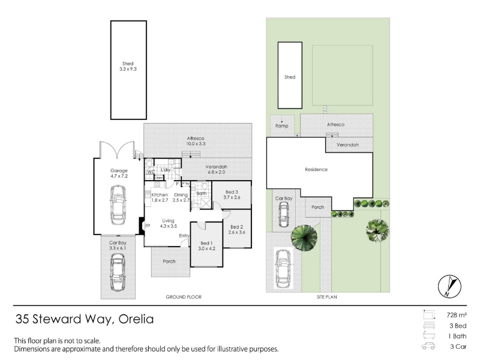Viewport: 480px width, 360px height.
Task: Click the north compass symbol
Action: pyautogui.click(x=449, y=286)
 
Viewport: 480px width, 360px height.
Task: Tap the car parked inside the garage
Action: pyautogui.click(x=118, y=205)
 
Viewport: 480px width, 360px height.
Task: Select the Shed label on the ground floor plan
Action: pyautogui.click(x=128, y=64)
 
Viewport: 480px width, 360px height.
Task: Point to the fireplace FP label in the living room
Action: pyautogui.click(x=148, y=226)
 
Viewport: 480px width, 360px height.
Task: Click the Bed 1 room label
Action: pyautogui.click(x=206, y=243)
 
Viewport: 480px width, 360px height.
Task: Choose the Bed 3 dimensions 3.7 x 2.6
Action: pyautogui.click(x=232, y=197)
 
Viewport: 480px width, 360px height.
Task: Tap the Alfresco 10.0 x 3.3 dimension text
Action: pyautogui.click(x=196, y=143)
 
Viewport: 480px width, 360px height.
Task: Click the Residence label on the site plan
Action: pyautogui.click(x=316, y=169)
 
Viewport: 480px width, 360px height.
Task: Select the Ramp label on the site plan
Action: pyautogui.click(x=281, y=126)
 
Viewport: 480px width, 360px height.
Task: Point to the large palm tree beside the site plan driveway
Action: pyautogui.click(x=304, y=238)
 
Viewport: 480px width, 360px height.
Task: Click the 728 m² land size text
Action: pyautogui.click(x=457, y=315)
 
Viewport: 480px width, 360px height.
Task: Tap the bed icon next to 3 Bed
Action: pyautogui.click(x=429, y=325)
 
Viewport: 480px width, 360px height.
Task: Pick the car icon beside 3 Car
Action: pyautogui.click(x=428, y=346)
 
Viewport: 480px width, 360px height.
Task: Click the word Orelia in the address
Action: pyautogui.click(x=136, y=319)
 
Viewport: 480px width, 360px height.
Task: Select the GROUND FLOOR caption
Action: pyautogui.click(x=184, y=297)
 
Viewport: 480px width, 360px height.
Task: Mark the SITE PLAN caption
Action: pyautogui.click(x=327, y=297)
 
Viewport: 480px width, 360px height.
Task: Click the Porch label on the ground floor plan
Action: pyautogui.click(x=169, y=262)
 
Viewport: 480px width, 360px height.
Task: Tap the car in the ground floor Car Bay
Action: pyautogui.click(x=118, y=272)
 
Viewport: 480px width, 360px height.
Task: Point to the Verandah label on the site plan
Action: pyautogui.click(x=348, y=145)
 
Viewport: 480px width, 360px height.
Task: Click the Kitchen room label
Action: pyautogui.click(x=160, y=194)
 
